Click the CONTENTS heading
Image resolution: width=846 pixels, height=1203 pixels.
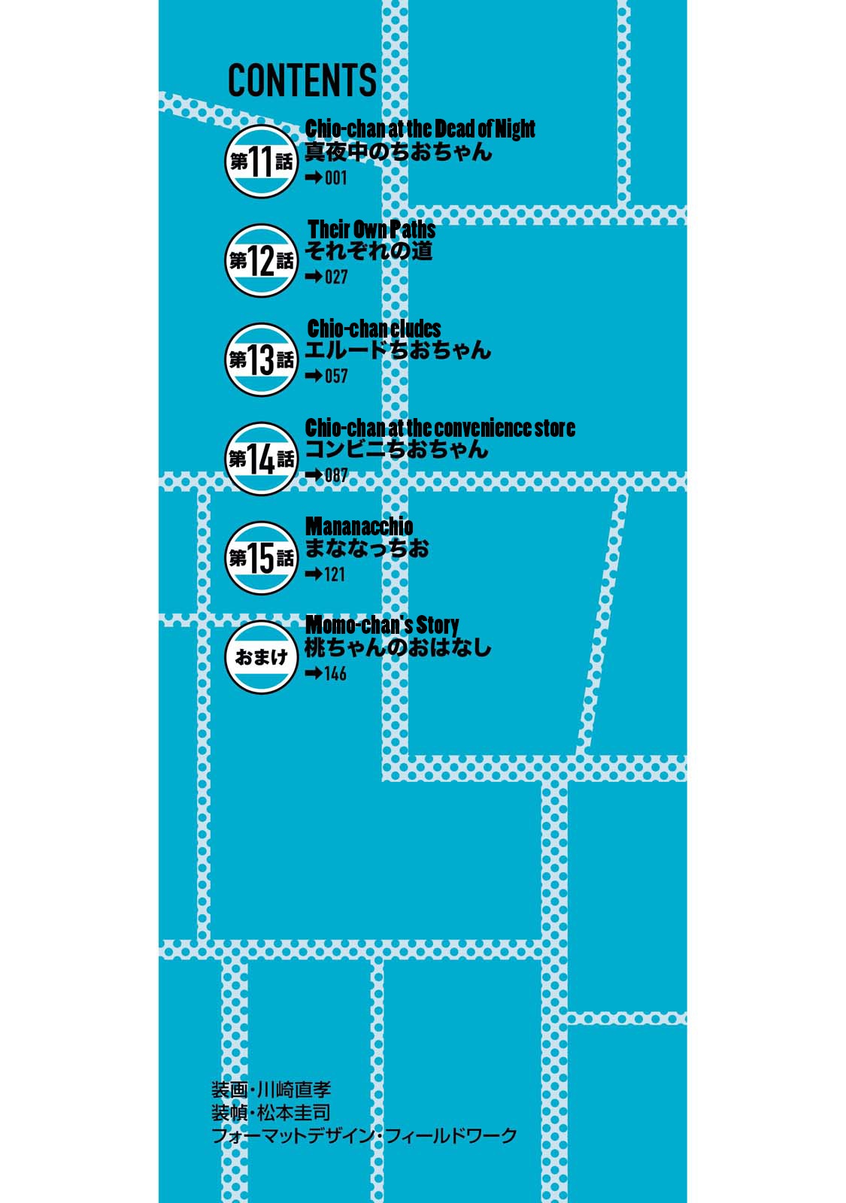302,80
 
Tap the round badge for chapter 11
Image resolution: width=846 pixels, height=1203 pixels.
261,161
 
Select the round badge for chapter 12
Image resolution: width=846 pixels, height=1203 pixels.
261,260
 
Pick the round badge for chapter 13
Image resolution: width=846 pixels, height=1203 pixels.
261,359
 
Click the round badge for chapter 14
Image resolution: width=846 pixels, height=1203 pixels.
261,459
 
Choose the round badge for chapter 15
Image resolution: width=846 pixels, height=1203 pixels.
261,558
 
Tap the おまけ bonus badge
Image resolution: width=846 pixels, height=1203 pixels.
261,657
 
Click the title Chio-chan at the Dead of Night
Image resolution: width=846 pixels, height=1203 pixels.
420,129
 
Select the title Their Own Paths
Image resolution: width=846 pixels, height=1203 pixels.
371,229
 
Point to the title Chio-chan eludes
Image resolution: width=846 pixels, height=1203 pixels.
374,328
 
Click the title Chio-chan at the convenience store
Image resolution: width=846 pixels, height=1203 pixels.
440,428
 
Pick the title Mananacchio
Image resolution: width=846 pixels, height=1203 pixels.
359,526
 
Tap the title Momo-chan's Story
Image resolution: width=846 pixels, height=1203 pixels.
382,625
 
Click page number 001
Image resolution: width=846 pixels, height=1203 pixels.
335,177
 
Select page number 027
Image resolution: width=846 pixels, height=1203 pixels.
336,277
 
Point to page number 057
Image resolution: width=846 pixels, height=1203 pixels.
336,376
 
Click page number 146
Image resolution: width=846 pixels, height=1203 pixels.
335,674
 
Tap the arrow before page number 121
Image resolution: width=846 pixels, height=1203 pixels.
313,574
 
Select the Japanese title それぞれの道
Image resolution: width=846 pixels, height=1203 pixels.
368,251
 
